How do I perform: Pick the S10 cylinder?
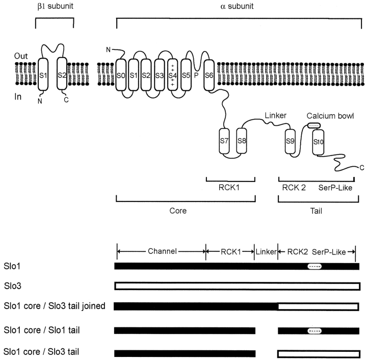click(x=319, y=141)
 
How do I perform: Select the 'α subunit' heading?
click(x=235, y=7)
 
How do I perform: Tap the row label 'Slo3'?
click(x=12, y=286)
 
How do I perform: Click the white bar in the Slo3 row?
click(x=237, y=286)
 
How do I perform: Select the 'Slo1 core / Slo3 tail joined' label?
click(x=55, y=306)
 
